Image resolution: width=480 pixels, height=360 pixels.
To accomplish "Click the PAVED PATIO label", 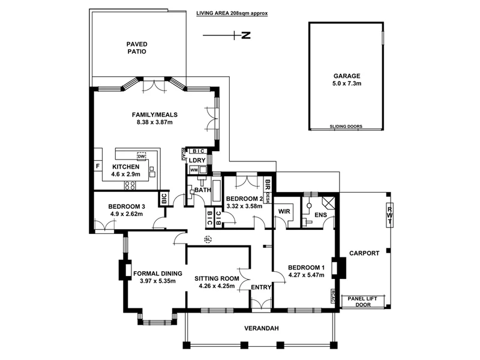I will click(136, 47).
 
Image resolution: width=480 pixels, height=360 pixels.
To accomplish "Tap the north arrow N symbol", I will click(245, 36).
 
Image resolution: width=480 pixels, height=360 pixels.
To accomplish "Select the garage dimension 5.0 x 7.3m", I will click(347, 85).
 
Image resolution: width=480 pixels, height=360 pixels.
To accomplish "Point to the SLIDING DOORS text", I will click(347, 127).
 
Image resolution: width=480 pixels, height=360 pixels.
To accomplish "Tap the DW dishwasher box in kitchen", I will click(142, 156).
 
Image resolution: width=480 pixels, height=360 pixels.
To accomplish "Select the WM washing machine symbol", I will click(194, 170).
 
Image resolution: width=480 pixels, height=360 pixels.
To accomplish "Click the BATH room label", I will click(201, 190).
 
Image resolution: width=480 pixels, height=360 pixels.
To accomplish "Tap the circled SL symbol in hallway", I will click(208, 239).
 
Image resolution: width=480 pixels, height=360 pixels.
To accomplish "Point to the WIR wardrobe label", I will click(284, 210).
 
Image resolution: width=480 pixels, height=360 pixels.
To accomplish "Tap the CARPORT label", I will click(364, 253).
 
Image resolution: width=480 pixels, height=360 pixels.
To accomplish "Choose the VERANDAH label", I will click(262, 328).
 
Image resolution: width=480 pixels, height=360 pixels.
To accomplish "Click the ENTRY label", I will click(262, 287).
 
